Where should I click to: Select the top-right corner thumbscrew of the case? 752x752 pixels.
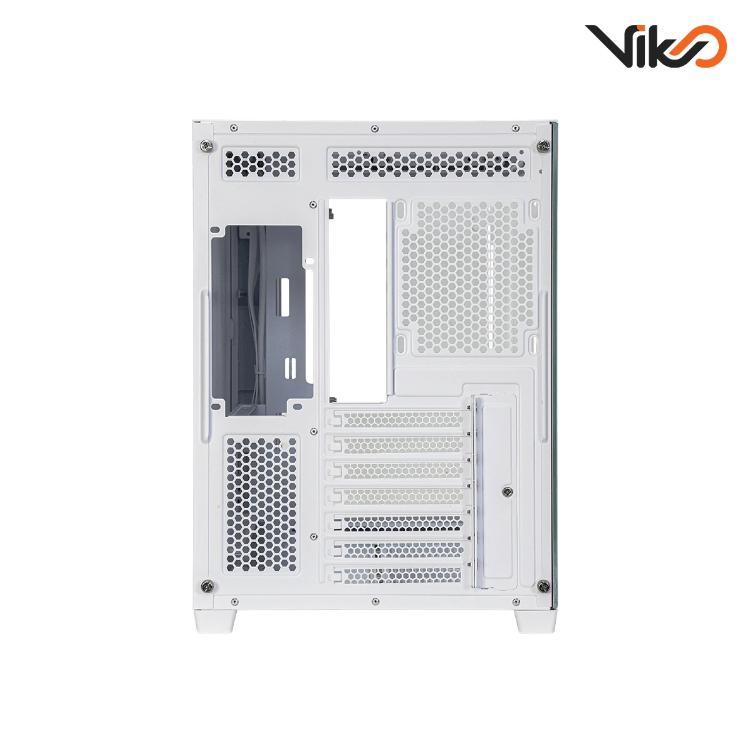(541, 145)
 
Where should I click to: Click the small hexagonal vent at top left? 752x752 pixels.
(260, 162)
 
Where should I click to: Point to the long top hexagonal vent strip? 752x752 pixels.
(427, 162)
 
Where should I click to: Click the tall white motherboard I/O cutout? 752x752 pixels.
(357, 301)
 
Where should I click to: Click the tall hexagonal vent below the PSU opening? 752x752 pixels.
(261, 504)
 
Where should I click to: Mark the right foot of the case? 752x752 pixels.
(536, 621)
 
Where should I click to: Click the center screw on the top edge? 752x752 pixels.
(375, 128)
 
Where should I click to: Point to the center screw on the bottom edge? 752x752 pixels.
(375, 602)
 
